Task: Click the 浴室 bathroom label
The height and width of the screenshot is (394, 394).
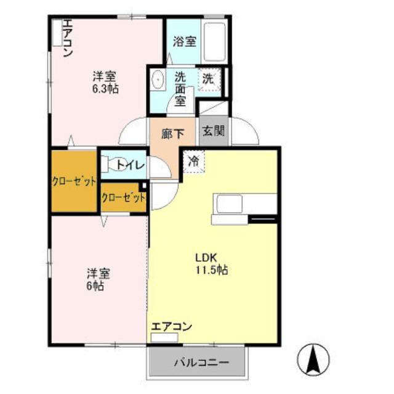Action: point(184,42)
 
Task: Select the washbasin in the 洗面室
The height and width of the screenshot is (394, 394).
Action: point(158,80)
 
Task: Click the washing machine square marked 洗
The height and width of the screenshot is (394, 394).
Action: point(209,80)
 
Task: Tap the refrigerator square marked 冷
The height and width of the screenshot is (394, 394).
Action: point(193,162)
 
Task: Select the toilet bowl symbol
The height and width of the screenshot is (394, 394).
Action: point(110,165)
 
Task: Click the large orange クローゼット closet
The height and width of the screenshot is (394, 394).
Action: point(74,181)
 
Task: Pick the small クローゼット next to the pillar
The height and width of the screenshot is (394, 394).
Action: point(123,198)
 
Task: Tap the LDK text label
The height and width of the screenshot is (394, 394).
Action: point(206,257)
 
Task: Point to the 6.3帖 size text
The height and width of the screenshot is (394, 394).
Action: point(105,89)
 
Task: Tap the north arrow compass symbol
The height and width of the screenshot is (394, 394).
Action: point(313,358)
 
